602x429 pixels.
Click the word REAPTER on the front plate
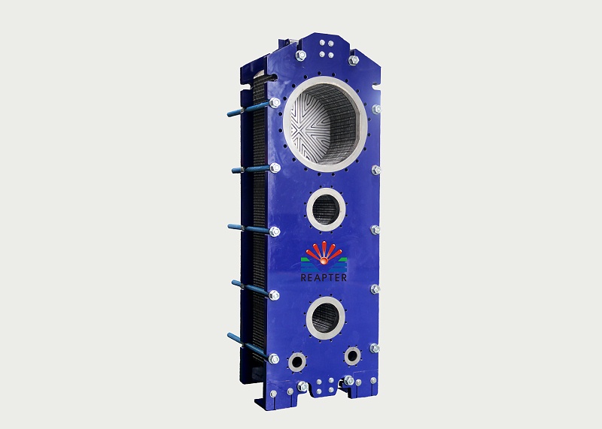(324, 277)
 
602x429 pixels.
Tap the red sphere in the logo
(324, 261)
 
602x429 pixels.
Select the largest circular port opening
(325, 124)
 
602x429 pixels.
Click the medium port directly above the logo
(326, 209)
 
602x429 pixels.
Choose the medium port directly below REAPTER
(325, 318)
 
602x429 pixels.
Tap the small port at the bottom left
(297, 361)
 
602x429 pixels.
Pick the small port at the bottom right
(352, 356)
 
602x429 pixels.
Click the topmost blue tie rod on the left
(250, 108)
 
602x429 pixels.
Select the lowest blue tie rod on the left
(249, 346)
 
